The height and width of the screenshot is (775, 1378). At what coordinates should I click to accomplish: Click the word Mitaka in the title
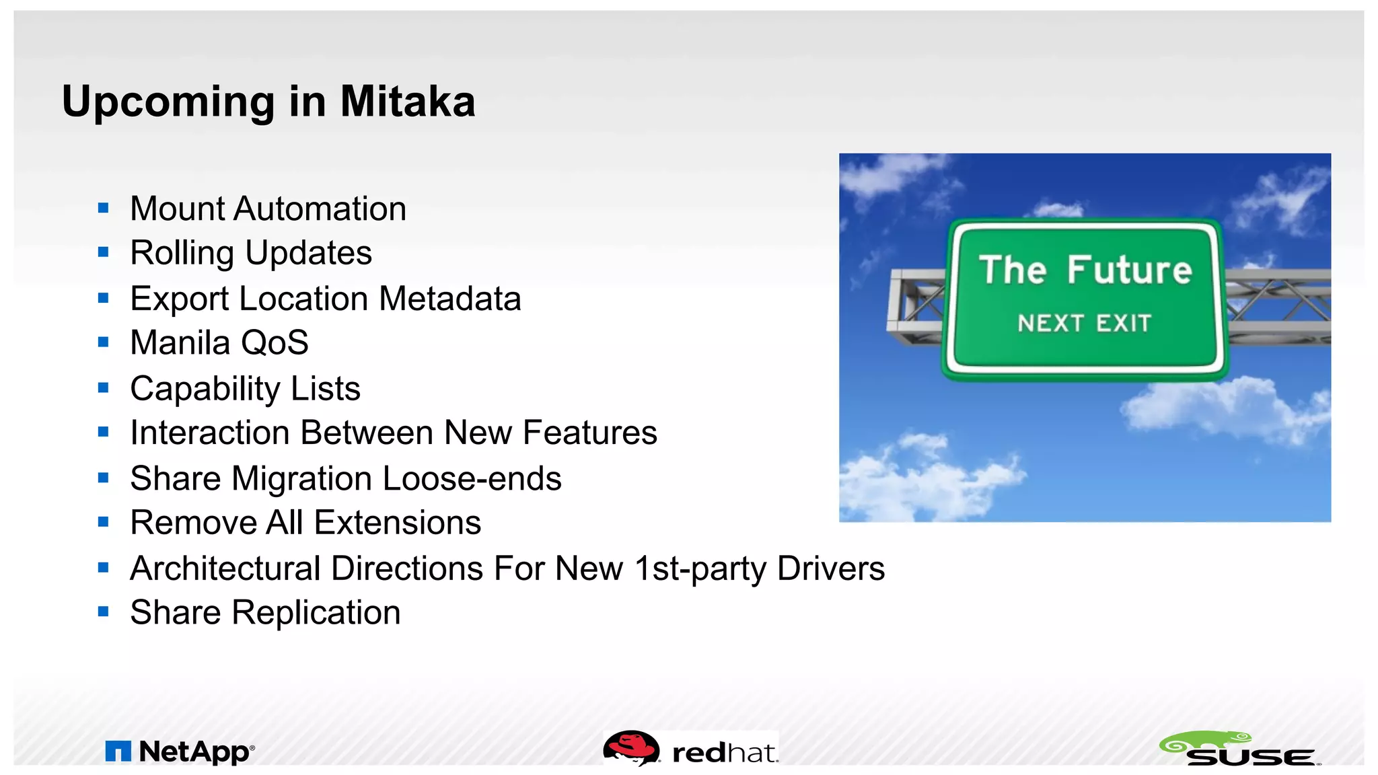(407, 102)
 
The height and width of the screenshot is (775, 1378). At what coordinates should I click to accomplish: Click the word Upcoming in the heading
(168, 102)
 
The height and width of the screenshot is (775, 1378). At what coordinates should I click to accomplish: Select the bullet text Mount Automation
(268, 209)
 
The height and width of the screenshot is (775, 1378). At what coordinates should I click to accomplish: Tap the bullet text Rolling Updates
(250, 254)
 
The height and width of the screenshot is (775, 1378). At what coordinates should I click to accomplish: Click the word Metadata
(449, 299)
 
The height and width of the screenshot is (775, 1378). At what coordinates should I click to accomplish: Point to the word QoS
(275, 343)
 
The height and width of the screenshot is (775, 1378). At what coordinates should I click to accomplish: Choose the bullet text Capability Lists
(245, 389)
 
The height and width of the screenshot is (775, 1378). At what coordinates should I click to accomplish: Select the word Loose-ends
(471, 478)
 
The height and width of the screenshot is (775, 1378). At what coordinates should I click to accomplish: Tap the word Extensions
(397, 523)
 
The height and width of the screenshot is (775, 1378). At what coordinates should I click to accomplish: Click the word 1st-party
(700, 568)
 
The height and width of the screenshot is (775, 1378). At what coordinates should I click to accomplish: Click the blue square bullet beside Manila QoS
(103, 342)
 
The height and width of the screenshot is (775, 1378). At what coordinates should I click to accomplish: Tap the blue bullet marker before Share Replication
(103, 612)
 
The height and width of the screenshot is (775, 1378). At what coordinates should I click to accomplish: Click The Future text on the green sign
(1085, 270)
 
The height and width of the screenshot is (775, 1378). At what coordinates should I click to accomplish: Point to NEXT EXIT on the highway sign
(1084, 324)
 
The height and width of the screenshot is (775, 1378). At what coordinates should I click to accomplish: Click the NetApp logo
(180, 751)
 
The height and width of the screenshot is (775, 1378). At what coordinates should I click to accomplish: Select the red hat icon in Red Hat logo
(630, 747)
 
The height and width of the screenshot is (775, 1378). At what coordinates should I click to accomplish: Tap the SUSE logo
(1239, 749)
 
